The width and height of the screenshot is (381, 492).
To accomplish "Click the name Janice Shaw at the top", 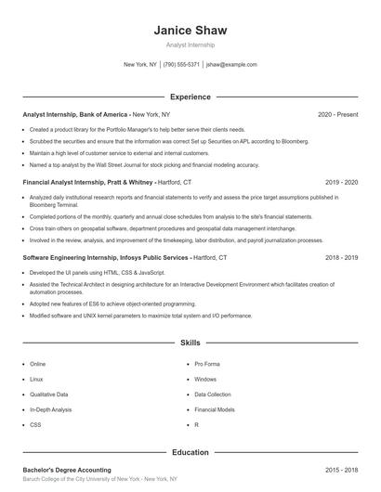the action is click(x=190, y=31).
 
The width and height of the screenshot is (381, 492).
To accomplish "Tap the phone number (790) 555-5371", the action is click(x=181, y=65).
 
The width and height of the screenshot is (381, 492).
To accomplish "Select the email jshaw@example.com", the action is click(x=231, y=65).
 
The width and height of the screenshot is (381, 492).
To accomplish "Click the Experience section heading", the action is click(x=190, y=97).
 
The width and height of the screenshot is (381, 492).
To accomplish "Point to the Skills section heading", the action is click(x=190, y=343).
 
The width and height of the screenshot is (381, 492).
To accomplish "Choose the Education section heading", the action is click(x=190, y=452).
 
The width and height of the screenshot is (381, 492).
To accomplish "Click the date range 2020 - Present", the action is click(x=337, y=114).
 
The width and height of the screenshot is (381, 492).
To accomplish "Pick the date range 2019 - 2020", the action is click(x=341, y=183).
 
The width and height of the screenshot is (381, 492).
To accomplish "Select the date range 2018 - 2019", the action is click(x=341, y=257).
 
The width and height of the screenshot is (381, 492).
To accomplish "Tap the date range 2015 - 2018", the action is click(x=341, y=471).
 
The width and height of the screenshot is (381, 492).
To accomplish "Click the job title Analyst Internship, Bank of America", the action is click(x=75, y=114).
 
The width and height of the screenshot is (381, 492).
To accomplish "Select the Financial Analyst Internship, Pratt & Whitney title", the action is click(x=89, y=183).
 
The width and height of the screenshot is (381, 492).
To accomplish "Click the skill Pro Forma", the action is click(x=206, y=364).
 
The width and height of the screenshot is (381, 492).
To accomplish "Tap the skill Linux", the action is click(x=36, y=379).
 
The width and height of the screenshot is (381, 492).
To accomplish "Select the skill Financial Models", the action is click(x=214, y=408).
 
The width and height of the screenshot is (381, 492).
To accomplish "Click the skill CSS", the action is click(x=35, y=424).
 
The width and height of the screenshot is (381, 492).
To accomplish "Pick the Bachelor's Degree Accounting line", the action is click(x=66, y=471).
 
